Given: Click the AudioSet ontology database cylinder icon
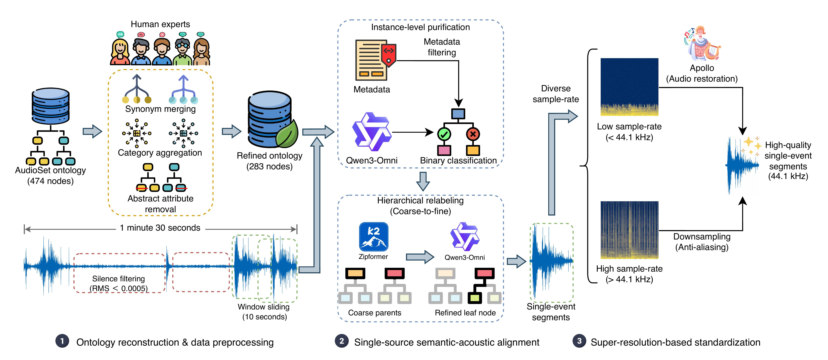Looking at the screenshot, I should tap(51, 106).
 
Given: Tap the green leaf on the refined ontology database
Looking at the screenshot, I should tap(287, 134).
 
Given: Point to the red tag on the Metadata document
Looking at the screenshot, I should tap(389, 55).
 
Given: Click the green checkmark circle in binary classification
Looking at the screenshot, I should tap(444, 134).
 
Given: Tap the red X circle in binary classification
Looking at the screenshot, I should tap(473, 134).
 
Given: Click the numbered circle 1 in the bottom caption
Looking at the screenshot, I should tap(62, 341).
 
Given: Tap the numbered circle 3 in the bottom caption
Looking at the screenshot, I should tap(579, 341).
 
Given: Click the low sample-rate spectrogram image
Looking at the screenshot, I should tap(629, 87).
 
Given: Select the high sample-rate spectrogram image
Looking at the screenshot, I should tap(629, 230).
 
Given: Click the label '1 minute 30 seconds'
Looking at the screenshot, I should tap(160, 228).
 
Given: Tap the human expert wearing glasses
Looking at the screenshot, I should tap(182, 51).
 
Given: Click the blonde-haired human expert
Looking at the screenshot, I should tap(120, 51).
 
